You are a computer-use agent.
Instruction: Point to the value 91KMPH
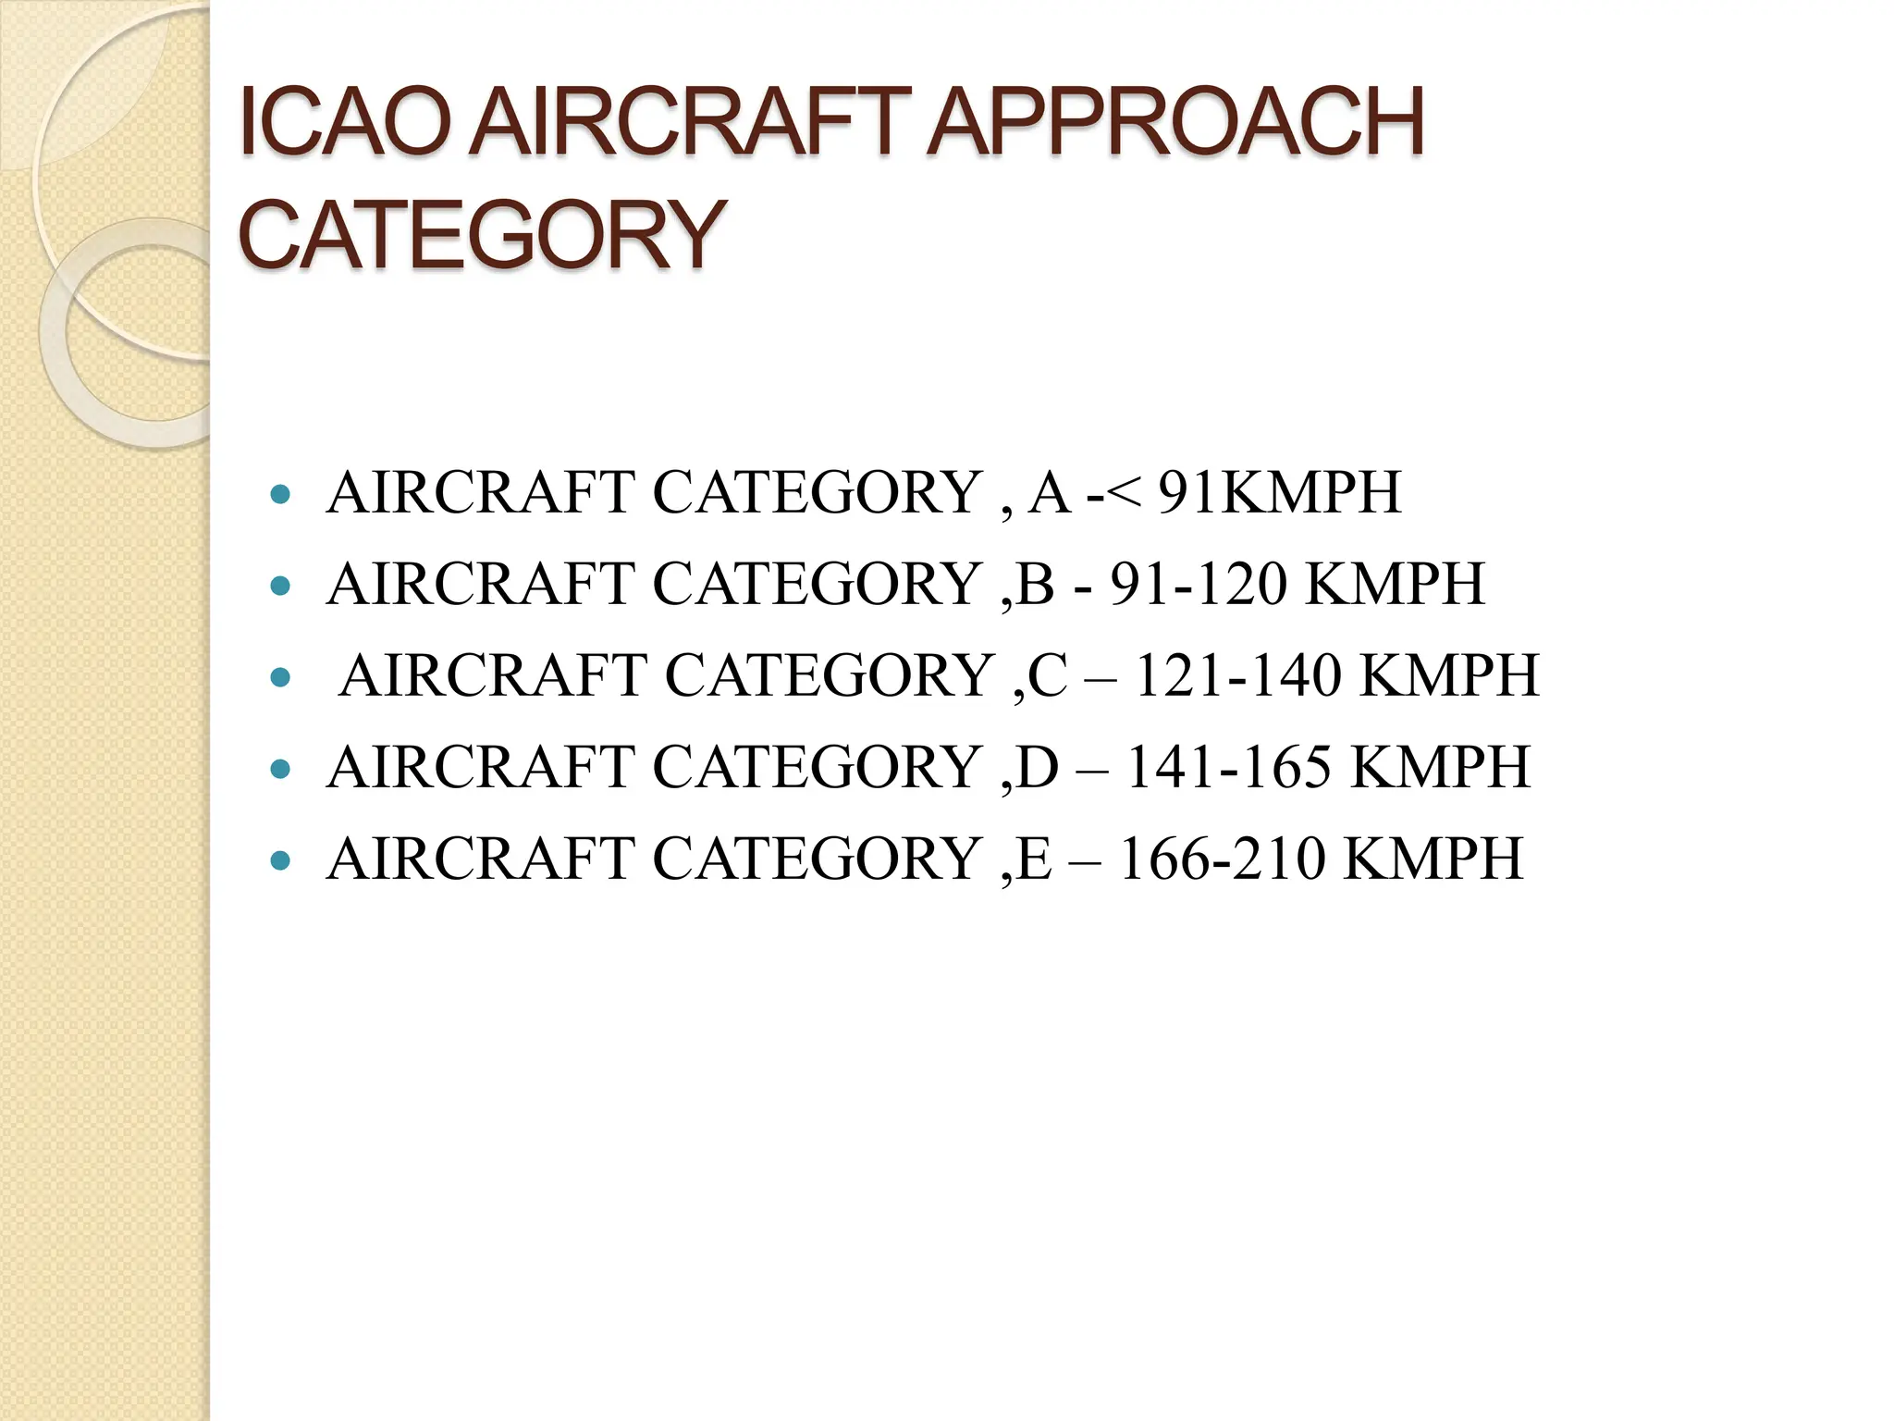coord(1280,492)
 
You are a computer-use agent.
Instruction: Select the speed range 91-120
coord(1199,584)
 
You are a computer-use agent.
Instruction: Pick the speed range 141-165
coord(1229,767)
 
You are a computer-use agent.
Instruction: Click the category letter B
coord(1035,584)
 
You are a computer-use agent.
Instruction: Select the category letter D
coord(1037,767)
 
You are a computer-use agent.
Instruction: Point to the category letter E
coord(1033,859)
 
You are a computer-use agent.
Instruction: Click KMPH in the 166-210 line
coord(1432,859)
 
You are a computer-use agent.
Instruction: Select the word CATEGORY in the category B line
coord(817,584)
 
